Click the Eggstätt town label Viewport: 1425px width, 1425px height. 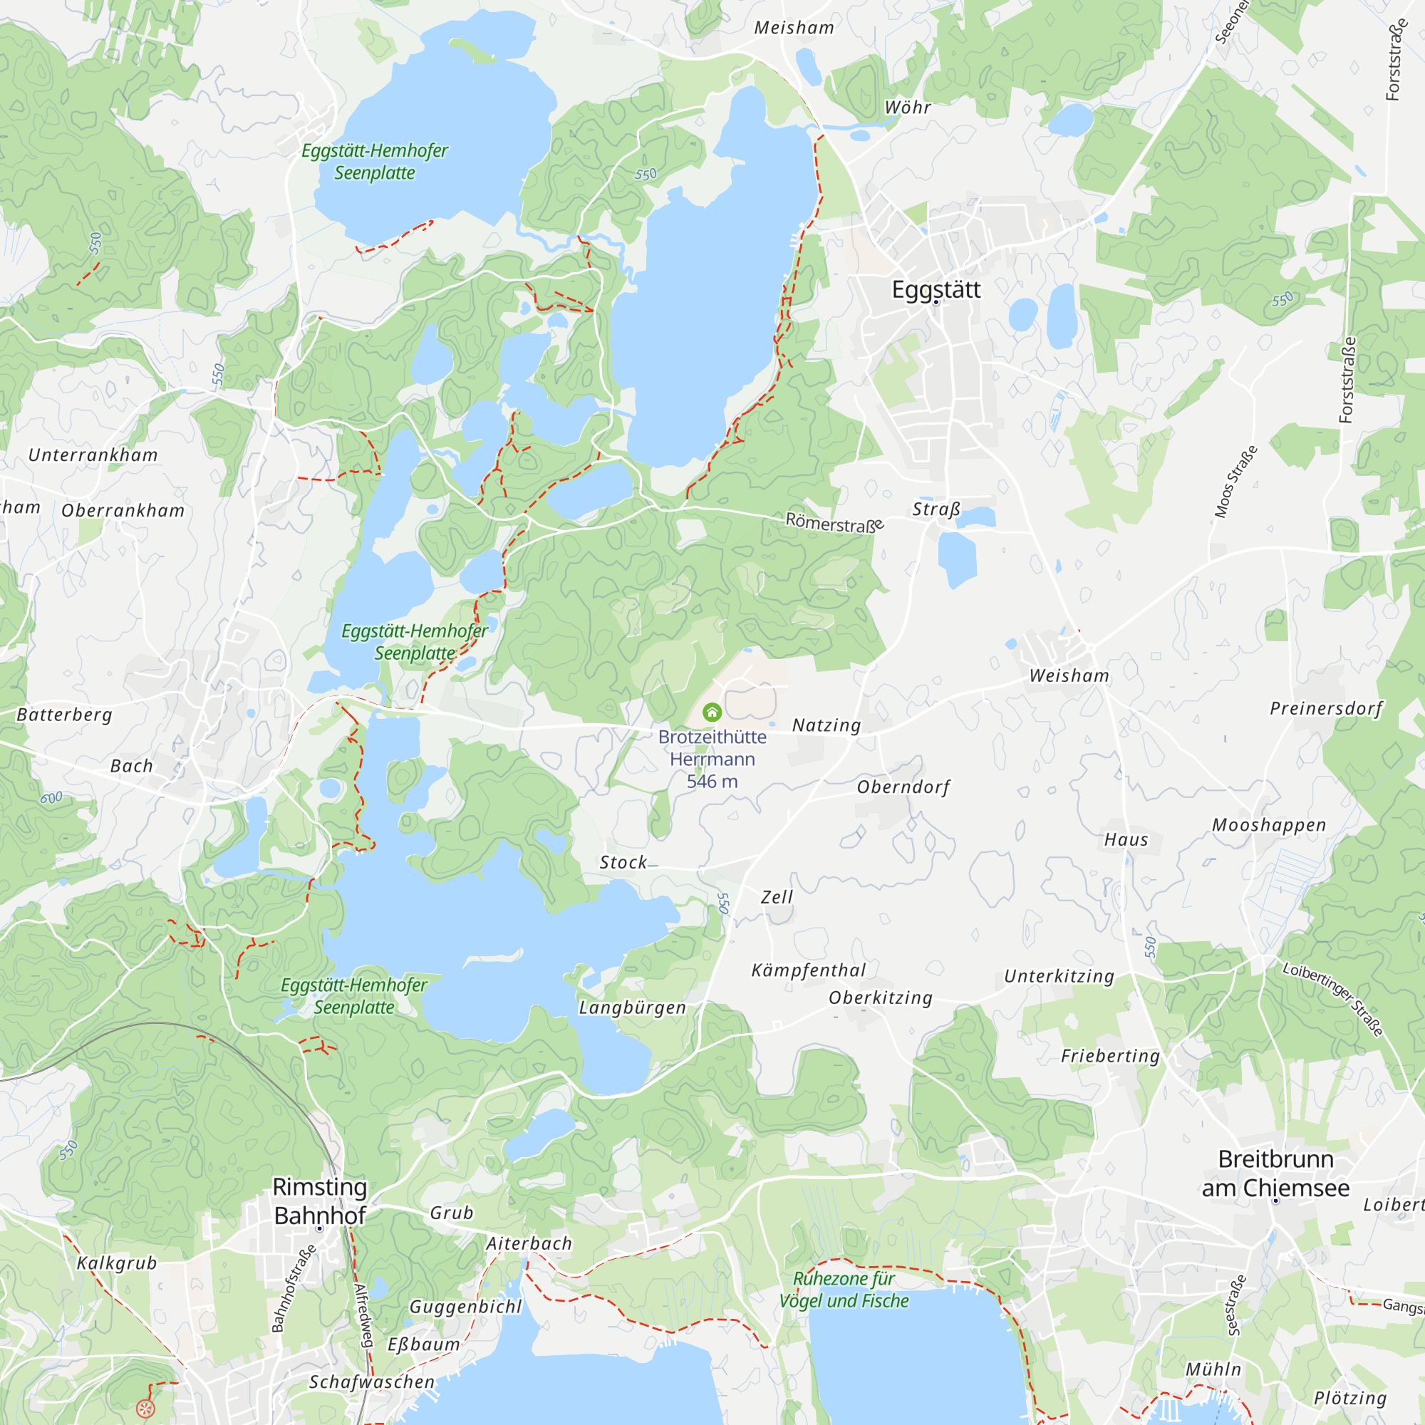(936, 289)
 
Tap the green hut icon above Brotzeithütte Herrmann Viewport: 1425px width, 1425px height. (712, 712)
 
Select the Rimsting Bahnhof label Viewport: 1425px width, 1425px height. (320, 1200)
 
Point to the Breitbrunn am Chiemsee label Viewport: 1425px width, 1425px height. (1275, 1173)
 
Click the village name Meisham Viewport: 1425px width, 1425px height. (794, 28)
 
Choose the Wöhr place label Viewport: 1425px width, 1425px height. (907, 108)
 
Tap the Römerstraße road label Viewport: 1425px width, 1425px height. (834, 523)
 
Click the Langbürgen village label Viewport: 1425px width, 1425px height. (632, 1007)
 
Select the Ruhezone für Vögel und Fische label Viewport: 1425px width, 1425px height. (844, 1290)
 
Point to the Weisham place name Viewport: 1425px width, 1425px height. (1069, 675)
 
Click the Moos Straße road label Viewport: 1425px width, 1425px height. (1235, 482)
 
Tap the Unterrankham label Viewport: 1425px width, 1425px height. (93, 455)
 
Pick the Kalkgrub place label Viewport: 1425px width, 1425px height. (117, 1263)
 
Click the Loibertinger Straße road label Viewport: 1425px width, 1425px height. (1332, 1000)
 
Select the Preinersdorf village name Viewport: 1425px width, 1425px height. (1326, 708)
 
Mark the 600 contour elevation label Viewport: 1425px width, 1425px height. (51, 797)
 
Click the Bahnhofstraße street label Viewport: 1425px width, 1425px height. (294, 1288)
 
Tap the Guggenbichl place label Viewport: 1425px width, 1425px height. (465, 1307)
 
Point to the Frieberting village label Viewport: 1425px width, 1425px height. (1110, 1056)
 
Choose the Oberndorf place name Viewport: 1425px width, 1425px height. (903, 787)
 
